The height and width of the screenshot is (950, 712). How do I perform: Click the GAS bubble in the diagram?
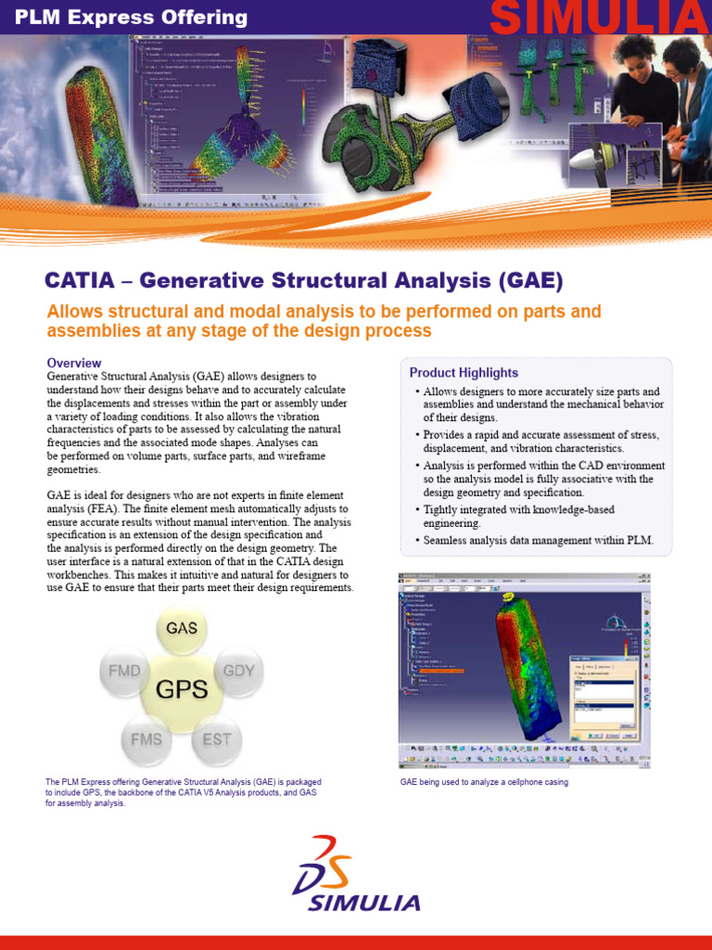pos(182,628)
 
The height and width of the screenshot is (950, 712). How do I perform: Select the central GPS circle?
pos(182,689)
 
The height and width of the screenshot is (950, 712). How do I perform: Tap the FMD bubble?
pos(125,669)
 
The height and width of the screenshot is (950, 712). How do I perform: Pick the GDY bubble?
pos(239,669)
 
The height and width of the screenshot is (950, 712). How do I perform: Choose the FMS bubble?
pos(146,739)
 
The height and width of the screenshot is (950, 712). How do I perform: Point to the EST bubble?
pos(216,739)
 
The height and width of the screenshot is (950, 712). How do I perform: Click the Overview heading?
pos(74,363)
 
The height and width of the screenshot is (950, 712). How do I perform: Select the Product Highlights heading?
pos(464,373)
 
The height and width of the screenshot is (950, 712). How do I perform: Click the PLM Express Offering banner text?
pos(124,18)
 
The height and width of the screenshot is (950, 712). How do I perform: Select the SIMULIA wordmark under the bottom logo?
pos(364,903)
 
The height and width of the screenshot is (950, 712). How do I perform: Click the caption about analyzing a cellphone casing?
pos(484,782)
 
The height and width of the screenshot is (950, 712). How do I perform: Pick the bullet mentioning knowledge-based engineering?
pos(519,517)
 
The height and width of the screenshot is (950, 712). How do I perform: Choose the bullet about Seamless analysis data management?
pos(538,540)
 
